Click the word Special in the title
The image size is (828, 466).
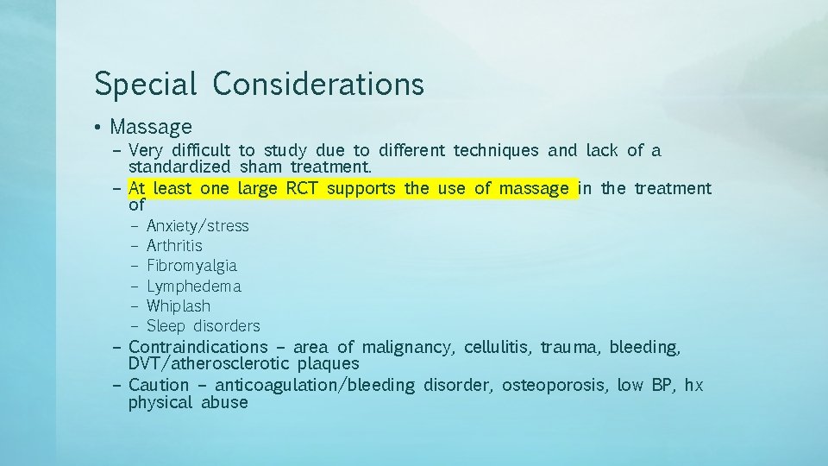145,84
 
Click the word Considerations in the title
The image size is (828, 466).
318,84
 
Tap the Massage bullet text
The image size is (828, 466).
151,128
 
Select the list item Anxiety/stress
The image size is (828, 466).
198,226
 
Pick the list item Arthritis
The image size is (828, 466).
174,246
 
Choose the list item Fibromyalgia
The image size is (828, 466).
191,266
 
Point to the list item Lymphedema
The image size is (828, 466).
194,286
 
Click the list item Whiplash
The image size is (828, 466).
179,305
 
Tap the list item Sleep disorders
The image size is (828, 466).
203,326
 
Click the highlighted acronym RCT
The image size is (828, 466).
302,188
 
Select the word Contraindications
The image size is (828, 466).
198,347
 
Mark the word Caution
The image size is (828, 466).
158,385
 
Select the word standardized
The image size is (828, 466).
179,167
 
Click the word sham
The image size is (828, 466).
260,167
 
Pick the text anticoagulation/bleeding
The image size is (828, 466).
314,385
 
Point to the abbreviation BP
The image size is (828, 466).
662,385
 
